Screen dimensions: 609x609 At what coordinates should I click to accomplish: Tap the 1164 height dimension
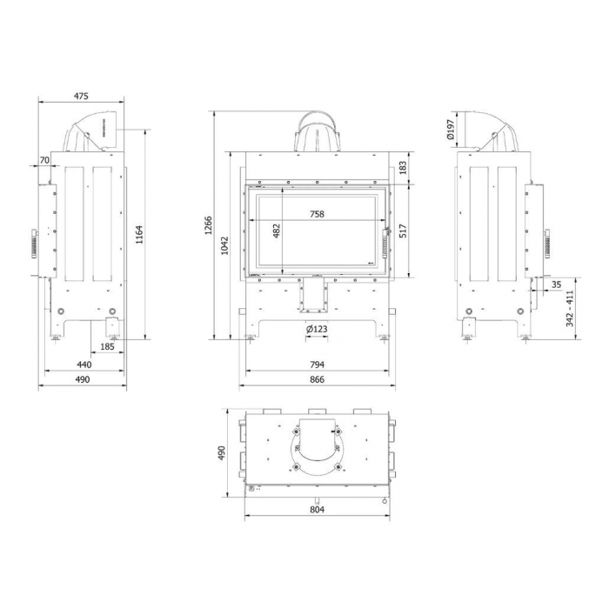coord(139,234)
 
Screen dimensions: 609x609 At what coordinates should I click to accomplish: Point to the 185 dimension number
coord(107,347)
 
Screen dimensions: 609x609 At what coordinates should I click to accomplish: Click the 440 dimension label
coord(84,365)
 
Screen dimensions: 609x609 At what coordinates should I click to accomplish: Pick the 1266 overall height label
coord(208,225)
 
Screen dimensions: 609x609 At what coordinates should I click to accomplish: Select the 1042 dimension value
coord(224,245)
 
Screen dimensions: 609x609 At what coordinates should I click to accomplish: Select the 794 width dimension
coord(317,365)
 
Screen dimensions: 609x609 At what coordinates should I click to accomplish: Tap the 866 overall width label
coord(317,380)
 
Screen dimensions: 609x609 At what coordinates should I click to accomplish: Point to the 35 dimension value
coord(556,284)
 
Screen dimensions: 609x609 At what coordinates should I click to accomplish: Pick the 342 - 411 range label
coord(570,309)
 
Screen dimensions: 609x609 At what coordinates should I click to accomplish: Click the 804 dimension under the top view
coord(317,510)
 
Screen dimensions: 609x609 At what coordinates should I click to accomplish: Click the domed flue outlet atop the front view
coord(317,131)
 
